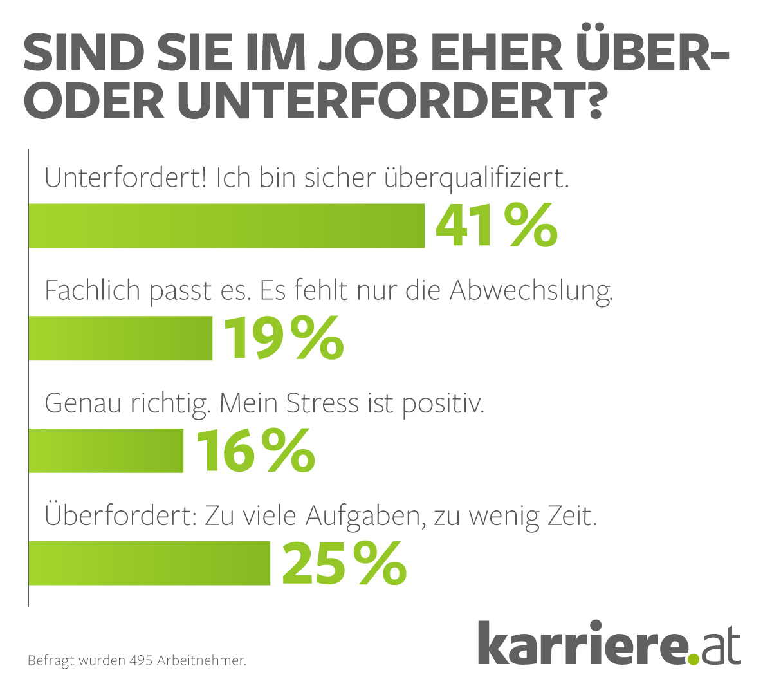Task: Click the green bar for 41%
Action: click(226, 226)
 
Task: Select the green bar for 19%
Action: click(120, 338)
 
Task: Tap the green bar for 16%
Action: click(106, 451)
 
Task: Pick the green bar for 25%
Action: click(149, 564)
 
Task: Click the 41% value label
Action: click(496, 226)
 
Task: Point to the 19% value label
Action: click(283, 338)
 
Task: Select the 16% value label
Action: click(255, 451)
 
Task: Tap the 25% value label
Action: click(344, 564)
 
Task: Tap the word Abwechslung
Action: click(531, 292)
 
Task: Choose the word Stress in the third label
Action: click(322, 403)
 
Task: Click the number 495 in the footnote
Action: click(140, 661)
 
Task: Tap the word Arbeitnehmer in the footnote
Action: click(201, 661)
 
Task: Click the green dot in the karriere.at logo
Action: click(692, 658)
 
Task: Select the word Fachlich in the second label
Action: click(93, 292)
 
